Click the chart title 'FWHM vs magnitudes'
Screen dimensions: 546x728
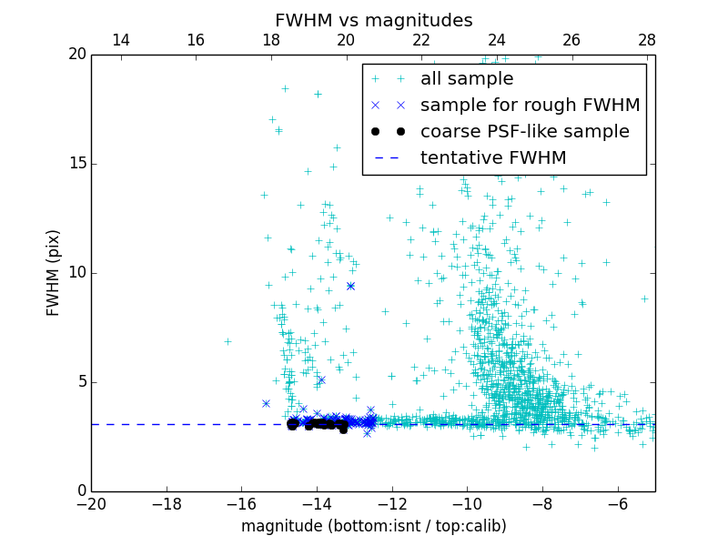373,20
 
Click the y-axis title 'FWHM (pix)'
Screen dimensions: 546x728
54,272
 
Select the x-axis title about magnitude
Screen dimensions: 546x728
373,526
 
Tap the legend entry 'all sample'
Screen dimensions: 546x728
467,79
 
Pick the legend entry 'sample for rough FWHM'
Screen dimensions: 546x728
530,106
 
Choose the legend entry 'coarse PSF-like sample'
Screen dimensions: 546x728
524,132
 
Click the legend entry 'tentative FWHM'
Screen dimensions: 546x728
493,158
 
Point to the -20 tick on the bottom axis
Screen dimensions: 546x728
91,503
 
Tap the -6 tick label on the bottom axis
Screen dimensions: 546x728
617,503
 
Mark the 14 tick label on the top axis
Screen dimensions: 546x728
120,40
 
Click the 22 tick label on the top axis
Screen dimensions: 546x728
421,40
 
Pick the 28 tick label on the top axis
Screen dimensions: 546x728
647,40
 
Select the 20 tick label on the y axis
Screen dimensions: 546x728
75,55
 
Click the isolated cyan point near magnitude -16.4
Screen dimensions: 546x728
227,342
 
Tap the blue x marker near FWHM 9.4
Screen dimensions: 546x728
350,286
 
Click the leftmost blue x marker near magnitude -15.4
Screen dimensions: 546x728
266,403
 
